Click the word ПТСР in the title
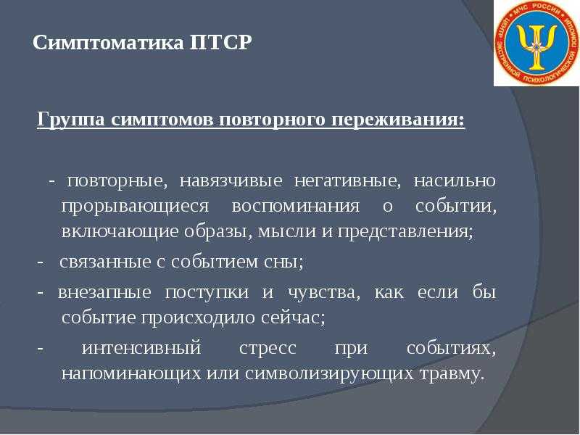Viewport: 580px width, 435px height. click(x=221, y=43)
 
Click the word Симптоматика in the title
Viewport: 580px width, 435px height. click(x=108, y=43)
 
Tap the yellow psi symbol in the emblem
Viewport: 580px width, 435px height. click(x=537, y=46)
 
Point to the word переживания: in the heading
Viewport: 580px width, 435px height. click(x=398, y=120)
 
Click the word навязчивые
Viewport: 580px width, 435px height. click(x=231, y=181)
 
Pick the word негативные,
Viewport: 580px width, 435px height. click(x=347, y=181)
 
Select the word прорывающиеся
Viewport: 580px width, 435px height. click(x=135, y=207)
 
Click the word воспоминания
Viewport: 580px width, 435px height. click(x=296, y=206)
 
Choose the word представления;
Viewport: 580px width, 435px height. click(x=405, y=232)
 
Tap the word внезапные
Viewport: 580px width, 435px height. click(x=104, y=293)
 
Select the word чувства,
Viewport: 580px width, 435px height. click(x=323, y=293)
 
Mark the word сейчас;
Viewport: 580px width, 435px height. click(x=293, y=318)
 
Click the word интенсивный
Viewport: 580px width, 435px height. click(x=141, y=348)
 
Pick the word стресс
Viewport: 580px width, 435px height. click(x=268, y=349)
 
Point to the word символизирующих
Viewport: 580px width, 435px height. click(x=330, y=374)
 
